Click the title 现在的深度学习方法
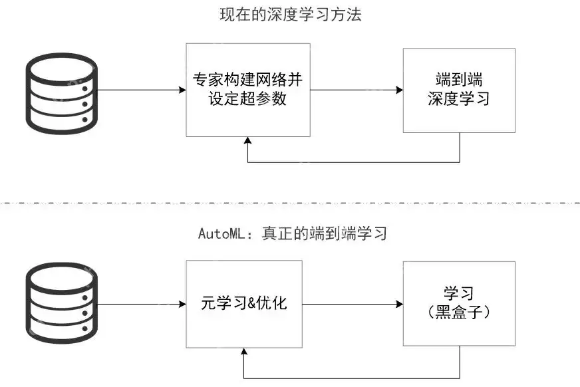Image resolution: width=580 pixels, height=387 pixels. (x=291, y=15)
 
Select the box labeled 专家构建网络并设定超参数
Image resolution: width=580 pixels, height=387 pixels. (x=248, y=90)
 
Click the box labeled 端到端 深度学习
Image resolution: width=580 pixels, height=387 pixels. (x=459, y=90)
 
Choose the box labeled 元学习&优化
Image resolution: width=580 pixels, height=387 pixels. (x=244, y=305)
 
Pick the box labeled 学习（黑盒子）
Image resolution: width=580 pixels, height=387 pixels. (x=459, y=303)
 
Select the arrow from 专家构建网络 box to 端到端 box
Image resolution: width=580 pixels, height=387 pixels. (x=357, y=90)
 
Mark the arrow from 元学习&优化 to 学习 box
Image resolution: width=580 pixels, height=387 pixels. (x=353, y=305)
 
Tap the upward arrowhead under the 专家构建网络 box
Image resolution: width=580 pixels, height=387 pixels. (x=248, y=141)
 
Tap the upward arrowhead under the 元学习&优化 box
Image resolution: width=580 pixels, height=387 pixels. (x=244, y=354)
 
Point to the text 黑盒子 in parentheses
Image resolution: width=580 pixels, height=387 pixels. (x=459, y=313)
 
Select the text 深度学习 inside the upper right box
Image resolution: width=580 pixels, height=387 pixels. (x=459, y=99)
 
